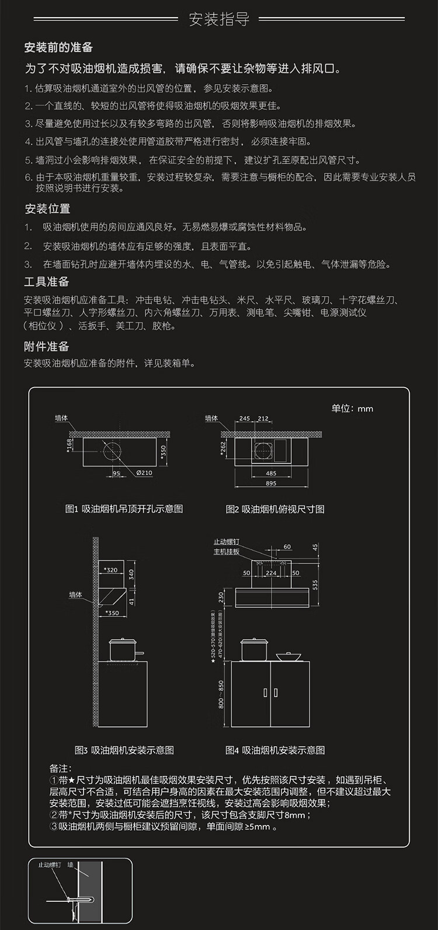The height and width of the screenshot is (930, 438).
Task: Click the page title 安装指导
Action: [x=219, y=19]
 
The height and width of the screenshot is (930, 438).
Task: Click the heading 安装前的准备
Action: [x=58, y=47]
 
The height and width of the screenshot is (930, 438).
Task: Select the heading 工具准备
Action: [x=46, y=281]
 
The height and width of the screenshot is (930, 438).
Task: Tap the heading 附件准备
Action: [x=46, y=346]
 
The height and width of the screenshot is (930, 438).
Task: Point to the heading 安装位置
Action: [x=47, y=208]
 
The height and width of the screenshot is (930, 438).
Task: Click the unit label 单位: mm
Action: [x=352, y=408]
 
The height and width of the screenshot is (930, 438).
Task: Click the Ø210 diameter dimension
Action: [x=144, y=473]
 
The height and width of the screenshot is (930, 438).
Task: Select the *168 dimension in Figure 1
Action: [x=69, y=446]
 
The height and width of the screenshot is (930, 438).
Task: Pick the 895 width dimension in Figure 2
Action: [x=271, y=483]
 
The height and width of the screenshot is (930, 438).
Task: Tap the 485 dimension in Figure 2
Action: [x=271, y=473]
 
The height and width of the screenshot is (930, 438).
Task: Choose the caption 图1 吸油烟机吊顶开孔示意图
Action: [x=124, y=509]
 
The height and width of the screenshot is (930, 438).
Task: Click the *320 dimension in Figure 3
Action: [x=110, y=570]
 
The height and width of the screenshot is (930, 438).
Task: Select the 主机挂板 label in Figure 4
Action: [x=226, y=552]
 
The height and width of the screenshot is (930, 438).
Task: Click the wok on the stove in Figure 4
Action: [x=288, y=656]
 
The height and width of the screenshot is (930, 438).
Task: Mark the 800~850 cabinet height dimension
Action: [x=221, y=694]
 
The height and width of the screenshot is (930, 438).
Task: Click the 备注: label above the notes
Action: [x=60, y=768]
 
